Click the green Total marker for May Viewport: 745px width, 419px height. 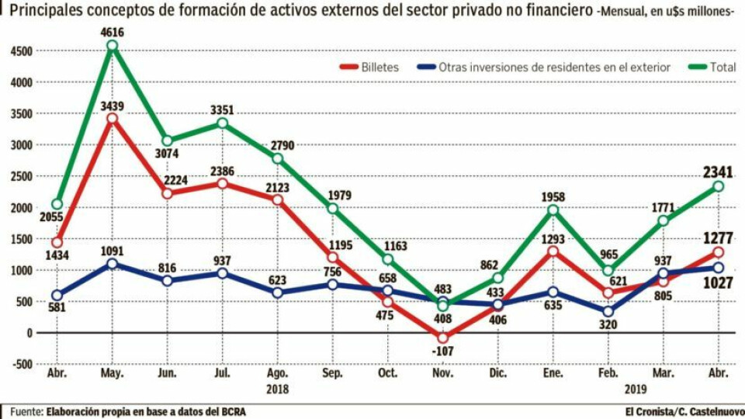113,46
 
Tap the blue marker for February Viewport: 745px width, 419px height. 608,312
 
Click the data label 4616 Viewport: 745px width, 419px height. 113,32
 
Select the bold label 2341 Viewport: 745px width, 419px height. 719,171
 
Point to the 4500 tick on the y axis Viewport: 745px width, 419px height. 21,51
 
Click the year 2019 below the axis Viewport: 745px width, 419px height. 607,390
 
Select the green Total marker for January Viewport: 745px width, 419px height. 553,210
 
